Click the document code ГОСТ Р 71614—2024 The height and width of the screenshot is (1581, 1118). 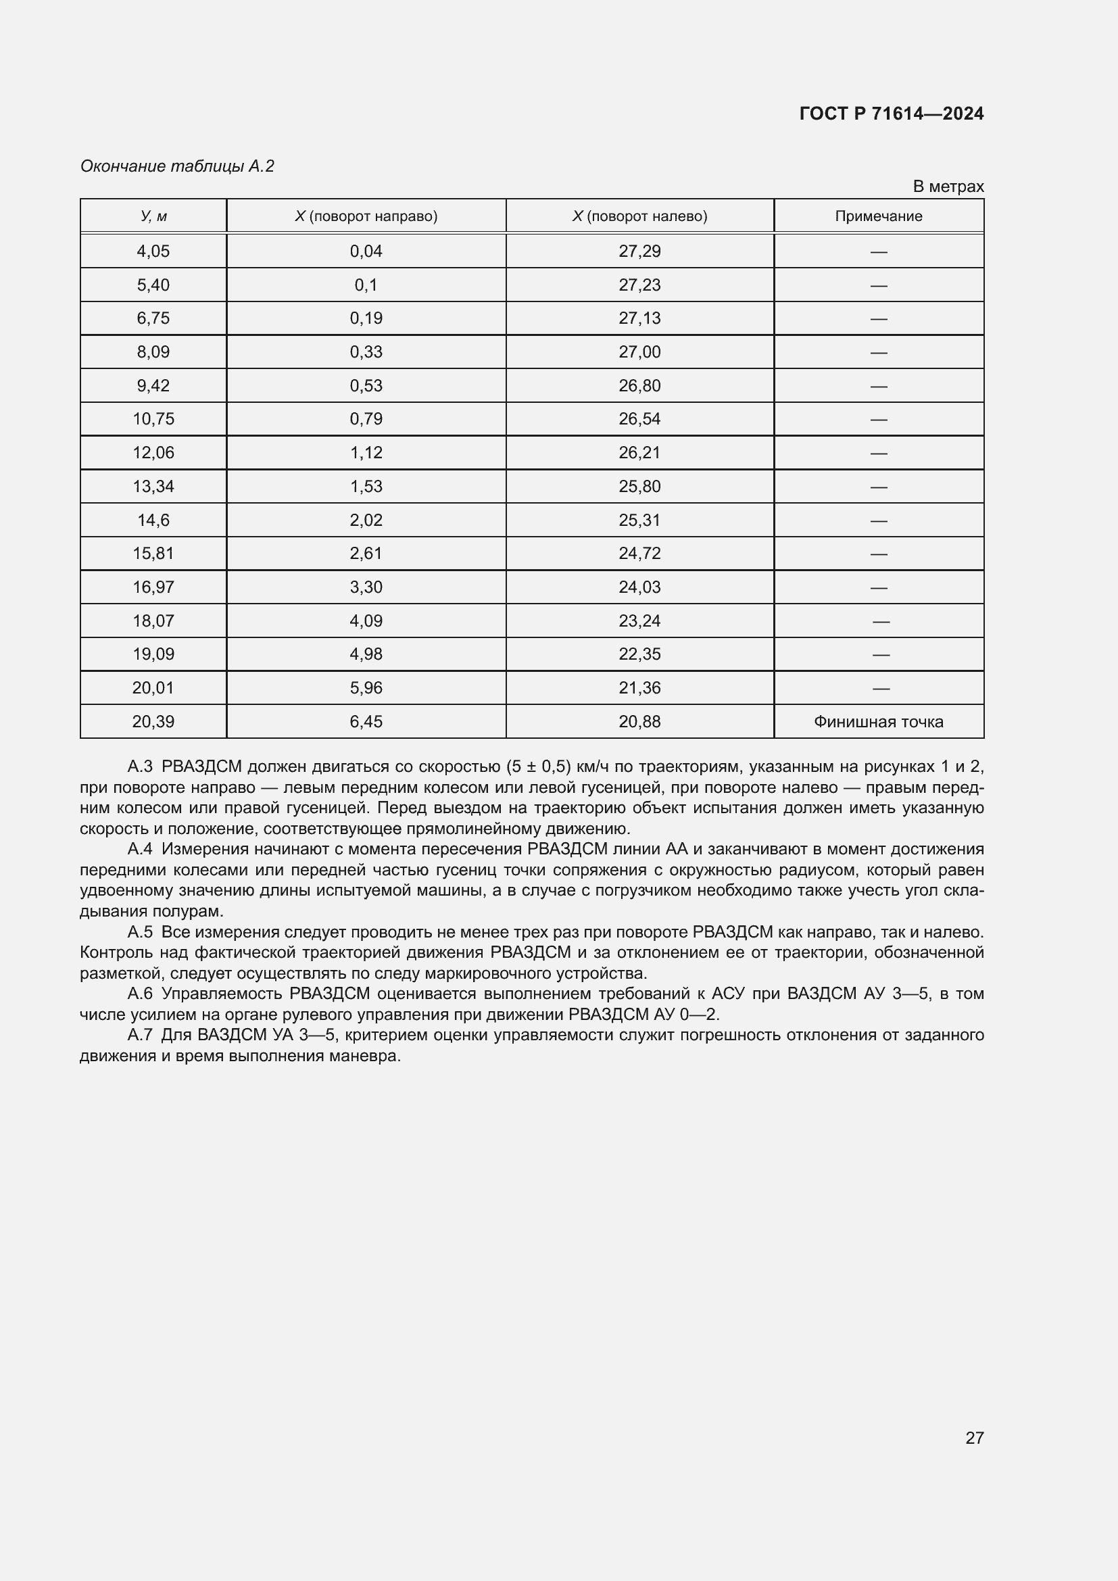point(891,114)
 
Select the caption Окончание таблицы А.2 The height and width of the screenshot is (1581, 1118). point(177,166)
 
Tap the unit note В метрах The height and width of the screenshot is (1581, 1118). point(948,187)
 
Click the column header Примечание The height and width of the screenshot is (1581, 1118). point(878,216)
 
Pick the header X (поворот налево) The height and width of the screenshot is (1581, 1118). point(639,216)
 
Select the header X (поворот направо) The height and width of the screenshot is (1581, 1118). point(366,216)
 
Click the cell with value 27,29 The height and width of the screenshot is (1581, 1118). point(639,251)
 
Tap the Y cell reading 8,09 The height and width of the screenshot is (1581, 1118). point(153,352)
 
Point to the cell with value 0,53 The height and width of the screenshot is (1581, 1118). point(366,385)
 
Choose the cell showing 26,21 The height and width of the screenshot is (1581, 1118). point(639,452)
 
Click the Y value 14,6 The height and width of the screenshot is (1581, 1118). point(153,520)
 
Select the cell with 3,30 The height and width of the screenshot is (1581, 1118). point(366,587)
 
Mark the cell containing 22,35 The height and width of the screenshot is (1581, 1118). point(639,654)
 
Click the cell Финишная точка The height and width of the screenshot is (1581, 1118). point(878,722)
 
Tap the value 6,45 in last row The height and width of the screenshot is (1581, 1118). point(366,722)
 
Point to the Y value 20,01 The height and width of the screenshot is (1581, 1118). point(153,688)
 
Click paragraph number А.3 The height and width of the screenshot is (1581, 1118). point(140,767)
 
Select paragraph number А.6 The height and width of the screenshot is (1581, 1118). point(140,994)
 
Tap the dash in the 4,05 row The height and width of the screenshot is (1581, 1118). point(878,252)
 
